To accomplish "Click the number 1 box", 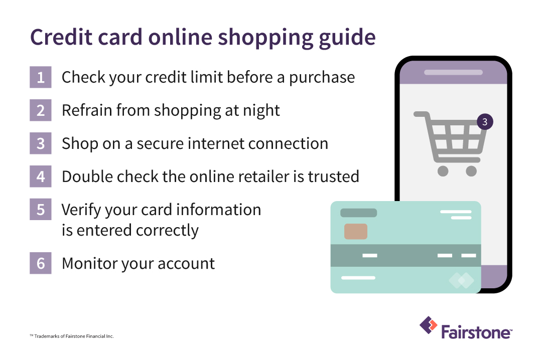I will [40, 77].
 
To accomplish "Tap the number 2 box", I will [40, 110].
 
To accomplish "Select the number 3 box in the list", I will [40, 143].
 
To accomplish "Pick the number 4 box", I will [40, 176].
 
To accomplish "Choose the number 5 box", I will [40, 210].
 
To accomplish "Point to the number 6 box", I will [40, 264].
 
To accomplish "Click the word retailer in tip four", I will [270, 176].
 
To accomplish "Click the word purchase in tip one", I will [322, 78].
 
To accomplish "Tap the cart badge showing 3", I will [484, 121].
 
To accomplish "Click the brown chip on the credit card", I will [355, 231].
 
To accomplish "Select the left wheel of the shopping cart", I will [443, 171].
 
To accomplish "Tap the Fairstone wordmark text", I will [476, 332].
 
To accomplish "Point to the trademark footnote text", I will [72, 336].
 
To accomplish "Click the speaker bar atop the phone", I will [453, 72].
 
